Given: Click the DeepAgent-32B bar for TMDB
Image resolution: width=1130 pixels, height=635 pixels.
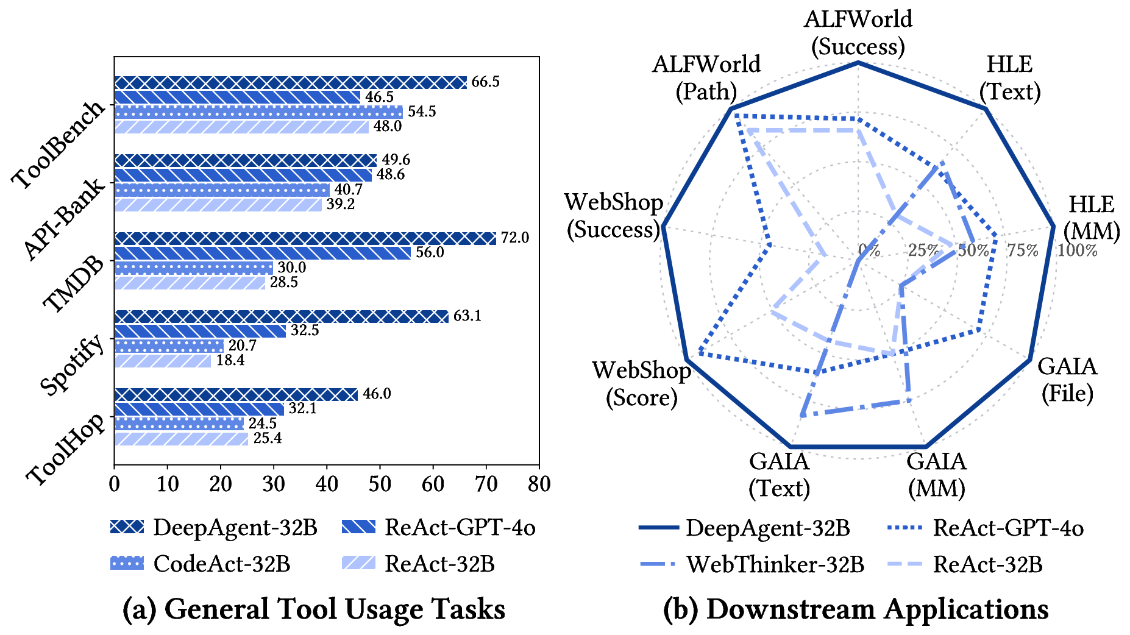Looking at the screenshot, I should click(305, 238).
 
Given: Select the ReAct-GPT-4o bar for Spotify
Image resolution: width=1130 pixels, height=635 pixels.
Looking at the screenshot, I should click(200, 331).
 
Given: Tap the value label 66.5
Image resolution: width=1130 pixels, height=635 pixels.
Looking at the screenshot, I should click(486, 82).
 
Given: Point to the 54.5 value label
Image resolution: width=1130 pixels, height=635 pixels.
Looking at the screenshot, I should click(422, 112).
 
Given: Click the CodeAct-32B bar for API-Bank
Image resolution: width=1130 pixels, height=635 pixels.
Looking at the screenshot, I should click(222, 190).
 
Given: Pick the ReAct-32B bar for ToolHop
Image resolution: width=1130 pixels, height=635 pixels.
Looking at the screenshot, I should click(181, 439).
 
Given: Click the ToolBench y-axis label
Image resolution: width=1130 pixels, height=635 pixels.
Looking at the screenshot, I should click(59, 145).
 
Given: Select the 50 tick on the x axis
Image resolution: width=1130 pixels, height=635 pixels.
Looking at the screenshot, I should click(380, 484).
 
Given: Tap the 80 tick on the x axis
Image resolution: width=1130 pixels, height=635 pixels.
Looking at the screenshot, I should click(539, 484).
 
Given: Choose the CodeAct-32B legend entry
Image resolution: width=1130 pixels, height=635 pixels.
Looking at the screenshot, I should click(201, 564).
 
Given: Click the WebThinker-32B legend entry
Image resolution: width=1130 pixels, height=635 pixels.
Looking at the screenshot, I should click(752, 564).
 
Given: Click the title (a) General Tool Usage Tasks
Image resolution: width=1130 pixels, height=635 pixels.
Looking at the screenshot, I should click(314, 609).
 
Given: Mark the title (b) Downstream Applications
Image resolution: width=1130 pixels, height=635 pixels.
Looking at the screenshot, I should click(856, 609).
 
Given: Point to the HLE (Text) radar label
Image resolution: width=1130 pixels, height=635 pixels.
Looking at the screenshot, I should click(1010, 78).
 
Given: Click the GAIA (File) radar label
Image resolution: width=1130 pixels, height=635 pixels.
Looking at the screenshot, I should click(1067, 380).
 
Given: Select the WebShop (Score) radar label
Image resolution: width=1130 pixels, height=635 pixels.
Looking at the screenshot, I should click(641, 384).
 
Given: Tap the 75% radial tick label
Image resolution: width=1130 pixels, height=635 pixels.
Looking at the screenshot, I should click(1022, 250).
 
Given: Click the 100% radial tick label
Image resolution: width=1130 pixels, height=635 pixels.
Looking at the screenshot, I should click(1077, 250).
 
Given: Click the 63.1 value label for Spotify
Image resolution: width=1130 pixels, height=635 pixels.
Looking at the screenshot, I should click(467, 316).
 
